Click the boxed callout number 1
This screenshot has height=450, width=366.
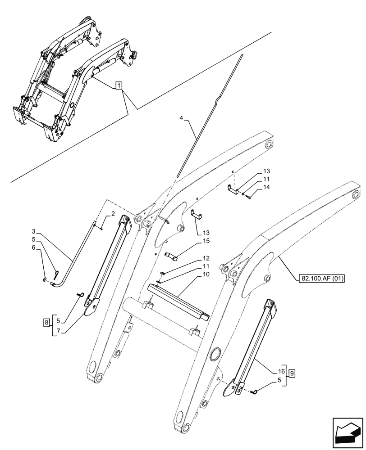119,85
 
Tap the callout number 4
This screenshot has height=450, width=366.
181,118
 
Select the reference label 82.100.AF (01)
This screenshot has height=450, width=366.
320,278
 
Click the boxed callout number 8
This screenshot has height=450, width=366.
46,323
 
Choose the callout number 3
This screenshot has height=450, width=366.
34,234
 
